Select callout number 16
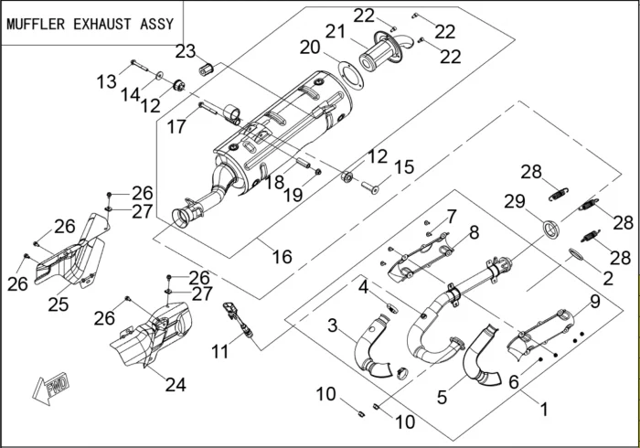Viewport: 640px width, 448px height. (282, 257)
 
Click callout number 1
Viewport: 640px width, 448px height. (545, 411)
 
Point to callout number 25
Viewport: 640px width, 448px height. (59, 304)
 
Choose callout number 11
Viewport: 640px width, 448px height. (219, 351)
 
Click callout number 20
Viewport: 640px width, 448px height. (309, 47)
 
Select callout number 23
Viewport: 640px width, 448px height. (186, 50)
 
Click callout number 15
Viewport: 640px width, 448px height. (403, 167)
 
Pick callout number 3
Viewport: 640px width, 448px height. (333, 325)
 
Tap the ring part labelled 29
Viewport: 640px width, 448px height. (550, 228)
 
